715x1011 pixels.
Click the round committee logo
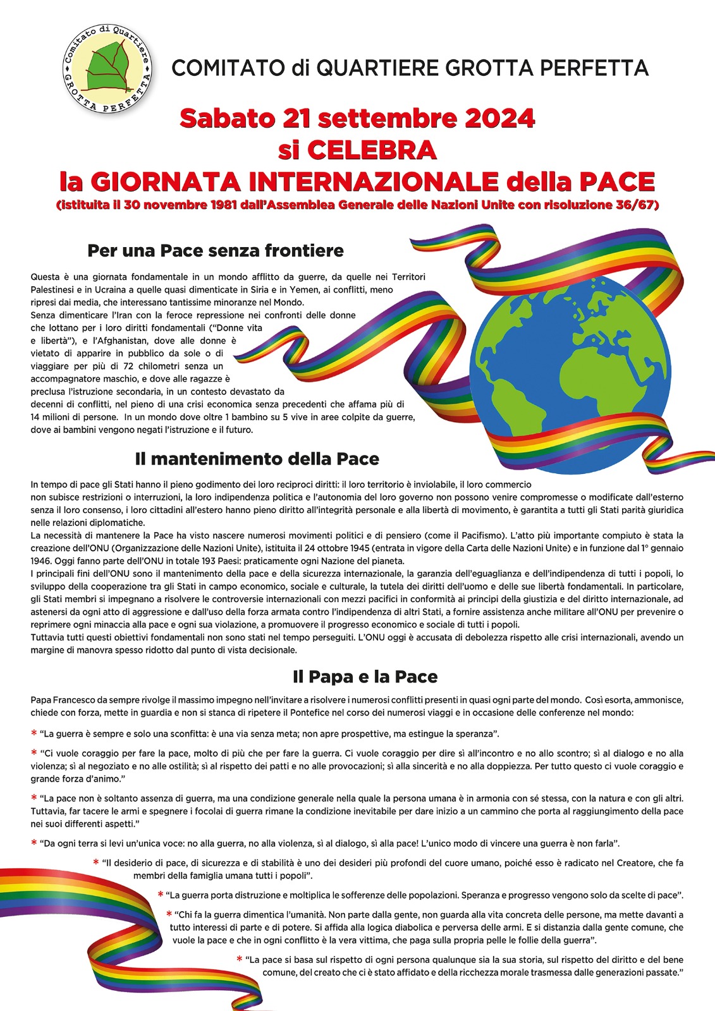coord(107,70)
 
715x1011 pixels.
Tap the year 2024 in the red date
coord(503,119)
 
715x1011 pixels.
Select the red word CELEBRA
coord(372,150)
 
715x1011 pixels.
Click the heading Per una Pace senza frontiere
coord(216,251)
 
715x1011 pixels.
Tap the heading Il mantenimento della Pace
coord(257,459)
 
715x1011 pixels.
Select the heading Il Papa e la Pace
coord(365,677)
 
